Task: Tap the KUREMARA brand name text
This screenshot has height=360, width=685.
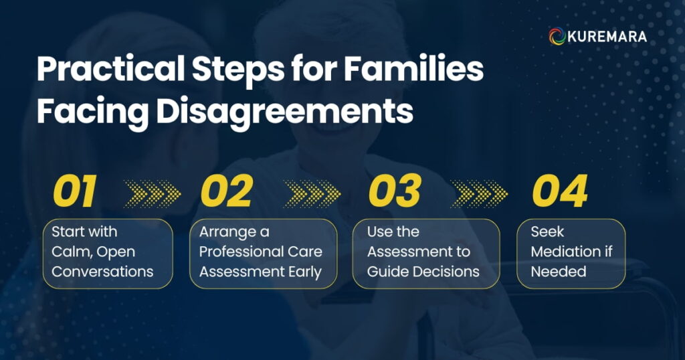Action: point(607,36)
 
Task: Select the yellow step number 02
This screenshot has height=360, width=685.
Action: point(226,192)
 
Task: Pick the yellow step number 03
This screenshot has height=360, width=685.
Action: point(394,192)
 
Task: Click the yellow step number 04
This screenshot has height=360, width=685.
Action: point(559,192)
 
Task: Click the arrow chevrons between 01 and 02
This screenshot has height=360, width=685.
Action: point(153,193)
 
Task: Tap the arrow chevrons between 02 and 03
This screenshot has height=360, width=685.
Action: point(312,193)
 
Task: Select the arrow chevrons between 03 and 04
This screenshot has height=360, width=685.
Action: point(479,193)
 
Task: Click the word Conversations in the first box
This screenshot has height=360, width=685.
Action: point(102,272)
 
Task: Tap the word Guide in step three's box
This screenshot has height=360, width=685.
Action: point(388,272)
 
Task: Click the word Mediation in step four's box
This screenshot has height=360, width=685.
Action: point(565,252)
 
